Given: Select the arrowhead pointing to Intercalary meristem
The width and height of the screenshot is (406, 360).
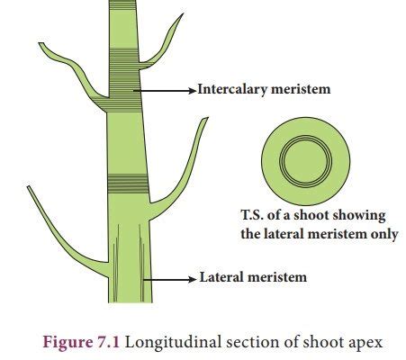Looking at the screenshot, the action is pos(192,90).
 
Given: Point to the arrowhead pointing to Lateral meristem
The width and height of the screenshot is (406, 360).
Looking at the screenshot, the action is pos(192,279).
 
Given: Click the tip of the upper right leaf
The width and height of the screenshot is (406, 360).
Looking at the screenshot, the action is pos(184,13).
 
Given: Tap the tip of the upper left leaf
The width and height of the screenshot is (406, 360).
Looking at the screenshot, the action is pos(40,43).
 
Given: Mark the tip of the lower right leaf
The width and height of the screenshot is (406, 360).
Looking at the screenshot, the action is pos(207,118).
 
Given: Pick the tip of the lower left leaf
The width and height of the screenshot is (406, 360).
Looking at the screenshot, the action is pos(28,186).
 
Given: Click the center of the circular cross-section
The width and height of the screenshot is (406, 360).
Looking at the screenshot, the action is pos(305,161).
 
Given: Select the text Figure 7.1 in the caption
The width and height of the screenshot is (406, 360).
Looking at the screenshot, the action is pos(81,342).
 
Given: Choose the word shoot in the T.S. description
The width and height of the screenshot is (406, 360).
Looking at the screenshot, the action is pos(311,215).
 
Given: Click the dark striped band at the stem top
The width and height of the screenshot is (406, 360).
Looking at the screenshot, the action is pos(122,5).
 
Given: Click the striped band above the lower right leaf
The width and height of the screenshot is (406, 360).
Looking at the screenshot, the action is pos(128,184).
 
